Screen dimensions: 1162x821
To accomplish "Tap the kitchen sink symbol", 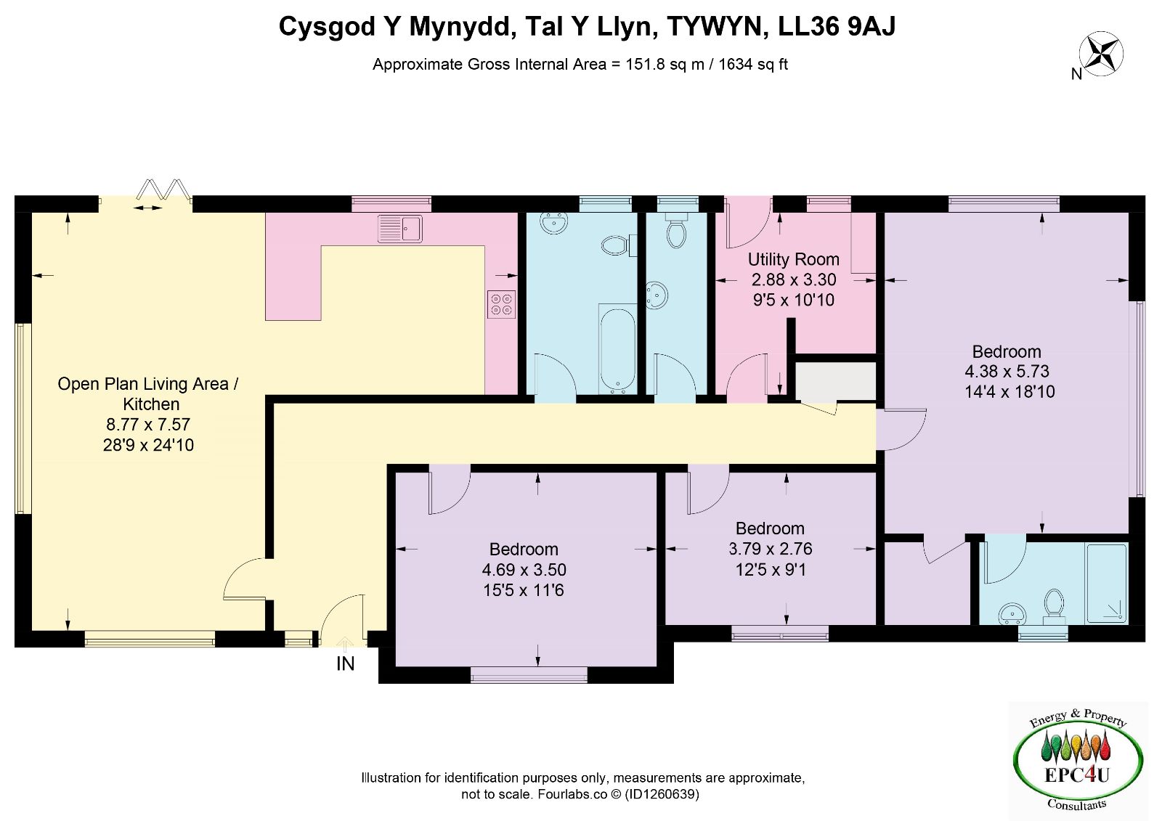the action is click(x=399, y=228).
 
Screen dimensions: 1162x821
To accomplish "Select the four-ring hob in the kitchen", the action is click(x=501, y=304).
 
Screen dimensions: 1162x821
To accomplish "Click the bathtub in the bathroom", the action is click(x=617, y=348).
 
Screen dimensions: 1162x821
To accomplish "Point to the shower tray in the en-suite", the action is click(x=1107, y=583).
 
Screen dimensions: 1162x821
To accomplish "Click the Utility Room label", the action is click(x=793, y=259).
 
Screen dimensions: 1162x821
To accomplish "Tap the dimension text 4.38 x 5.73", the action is click(x=1007, y=372).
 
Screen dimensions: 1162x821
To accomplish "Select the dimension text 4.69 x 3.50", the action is click(x=524, y=569).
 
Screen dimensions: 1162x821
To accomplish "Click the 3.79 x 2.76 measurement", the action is click(x=771, y=549).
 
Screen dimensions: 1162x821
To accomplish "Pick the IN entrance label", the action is click(x=346, y=664).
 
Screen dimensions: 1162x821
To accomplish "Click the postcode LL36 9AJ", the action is click(x=837, y=26).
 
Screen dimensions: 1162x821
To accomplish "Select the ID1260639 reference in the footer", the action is click(x=662, y=794).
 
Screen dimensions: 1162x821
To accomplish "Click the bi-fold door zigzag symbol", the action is click(x=163, y=189).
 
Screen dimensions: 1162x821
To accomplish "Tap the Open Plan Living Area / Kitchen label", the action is click(x=148, y=393).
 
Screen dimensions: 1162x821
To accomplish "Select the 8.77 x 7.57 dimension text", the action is click(x=148, y=424).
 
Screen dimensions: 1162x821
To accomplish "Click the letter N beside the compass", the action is click(x=1076, y=75).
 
